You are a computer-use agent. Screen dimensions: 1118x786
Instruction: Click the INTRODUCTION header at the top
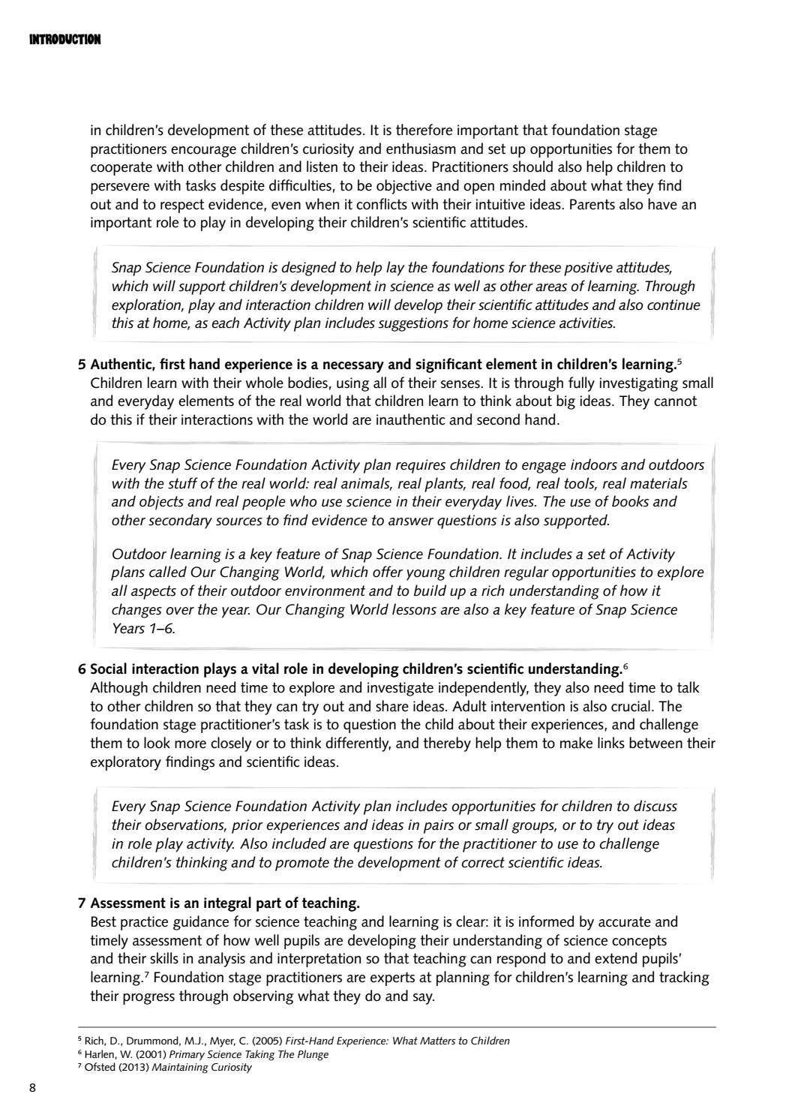[64, 39]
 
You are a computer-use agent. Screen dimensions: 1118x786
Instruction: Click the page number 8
[32, 1088]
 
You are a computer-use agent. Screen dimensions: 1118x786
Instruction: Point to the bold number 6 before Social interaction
[82, 669]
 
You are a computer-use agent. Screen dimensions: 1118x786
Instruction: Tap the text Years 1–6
[142, 629]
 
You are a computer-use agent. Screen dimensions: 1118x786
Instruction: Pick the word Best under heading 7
[103, 921]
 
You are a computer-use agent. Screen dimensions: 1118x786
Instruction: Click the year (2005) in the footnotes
[268, 1041]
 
